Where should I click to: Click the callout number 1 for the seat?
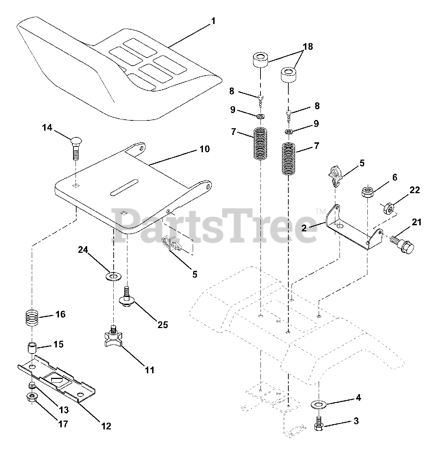click(213, 21)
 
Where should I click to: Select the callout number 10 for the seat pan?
click(204, 149)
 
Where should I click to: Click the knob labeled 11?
click(113, 339)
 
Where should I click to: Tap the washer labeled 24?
click(113, 275)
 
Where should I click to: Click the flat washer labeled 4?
click(319, 404)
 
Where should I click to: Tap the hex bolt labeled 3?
click(318, 424)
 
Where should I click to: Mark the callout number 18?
click(308, 47)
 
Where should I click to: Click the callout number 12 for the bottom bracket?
click(106, 426)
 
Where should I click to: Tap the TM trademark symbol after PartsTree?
click(320, 212)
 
